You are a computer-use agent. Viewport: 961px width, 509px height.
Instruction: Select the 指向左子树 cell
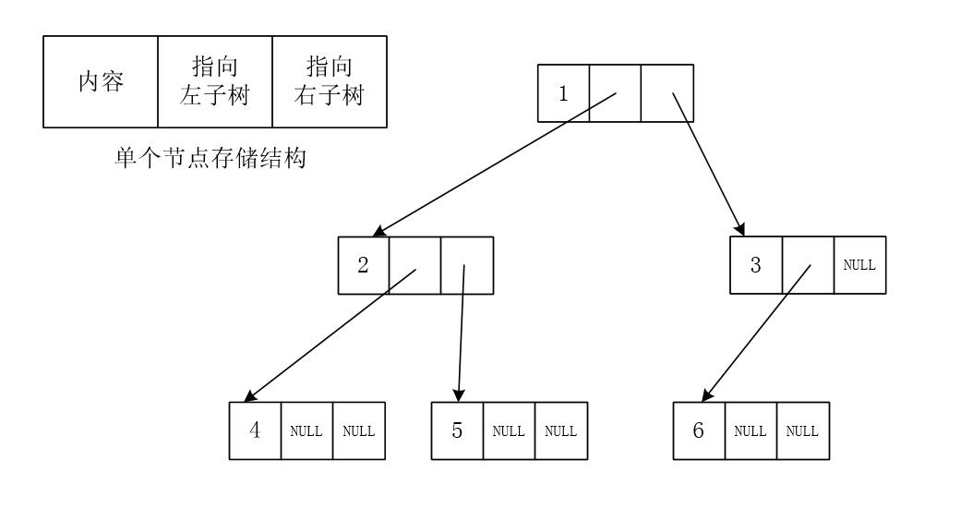[214, 81]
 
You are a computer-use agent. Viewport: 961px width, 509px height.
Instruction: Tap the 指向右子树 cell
[329, 81]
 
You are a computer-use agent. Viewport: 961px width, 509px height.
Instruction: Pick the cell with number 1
[563, 93]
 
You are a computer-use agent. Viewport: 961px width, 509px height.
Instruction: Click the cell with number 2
[364, 265]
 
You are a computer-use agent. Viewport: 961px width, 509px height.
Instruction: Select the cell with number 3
[755, 265]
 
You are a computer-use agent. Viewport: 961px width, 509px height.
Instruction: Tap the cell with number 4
[254, 430]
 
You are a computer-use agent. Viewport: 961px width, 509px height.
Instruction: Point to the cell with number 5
[457, 430]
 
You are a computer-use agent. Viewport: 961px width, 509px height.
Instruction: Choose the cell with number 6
[698, 430]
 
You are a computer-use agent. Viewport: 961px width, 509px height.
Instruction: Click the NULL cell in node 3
[859, 265]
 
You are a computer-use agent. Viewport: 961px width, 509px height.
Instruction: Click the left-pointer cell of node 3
[807, 265]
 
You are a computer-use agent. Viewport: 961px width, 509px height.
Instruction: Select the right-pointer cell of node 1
[667, 93]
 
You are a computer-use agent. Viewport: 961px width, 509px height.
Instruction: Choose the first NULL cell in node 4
[306, 430]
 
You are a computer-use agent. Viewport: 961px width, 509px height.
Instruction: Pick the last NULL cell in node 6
[802, 430]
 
